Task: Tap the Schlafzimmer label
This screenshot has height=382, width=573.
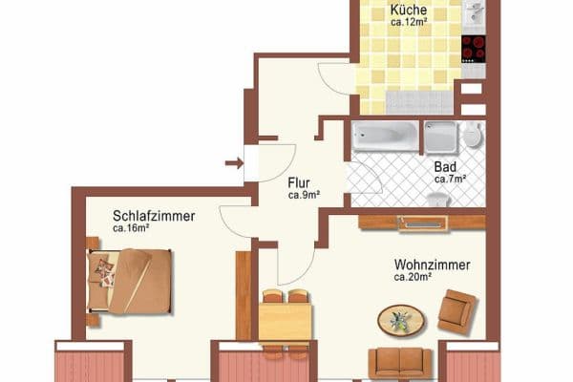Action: coord(153,217)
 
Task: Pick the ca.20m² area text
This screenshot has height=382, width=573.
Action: coord(414,277)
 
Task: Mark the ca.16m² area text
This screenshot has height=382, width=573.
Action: coord(132,228)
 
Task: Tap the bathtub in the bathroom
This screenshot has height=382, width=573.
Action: coord(385,137)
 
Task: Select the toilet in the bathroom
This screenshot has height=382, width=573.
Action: coord(472,135)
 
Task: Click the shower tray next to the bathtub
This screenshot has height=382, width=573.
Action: coord(440,138)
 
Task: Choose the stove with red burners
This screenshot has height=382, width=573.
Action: coord(473,47)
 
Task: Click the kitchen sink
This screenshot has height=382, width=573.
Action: coord(474,12)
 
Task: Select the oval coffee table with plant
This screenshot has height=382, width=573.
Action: coord(401,320)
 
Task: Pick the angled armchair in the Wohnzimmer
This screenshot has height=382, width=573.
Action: coord(456,310)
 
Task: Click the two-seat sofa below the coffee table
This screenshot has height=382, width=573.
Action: coord(400,362)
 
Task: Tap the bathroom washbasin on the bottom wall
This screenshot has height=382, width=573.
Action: coord(438,201)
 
